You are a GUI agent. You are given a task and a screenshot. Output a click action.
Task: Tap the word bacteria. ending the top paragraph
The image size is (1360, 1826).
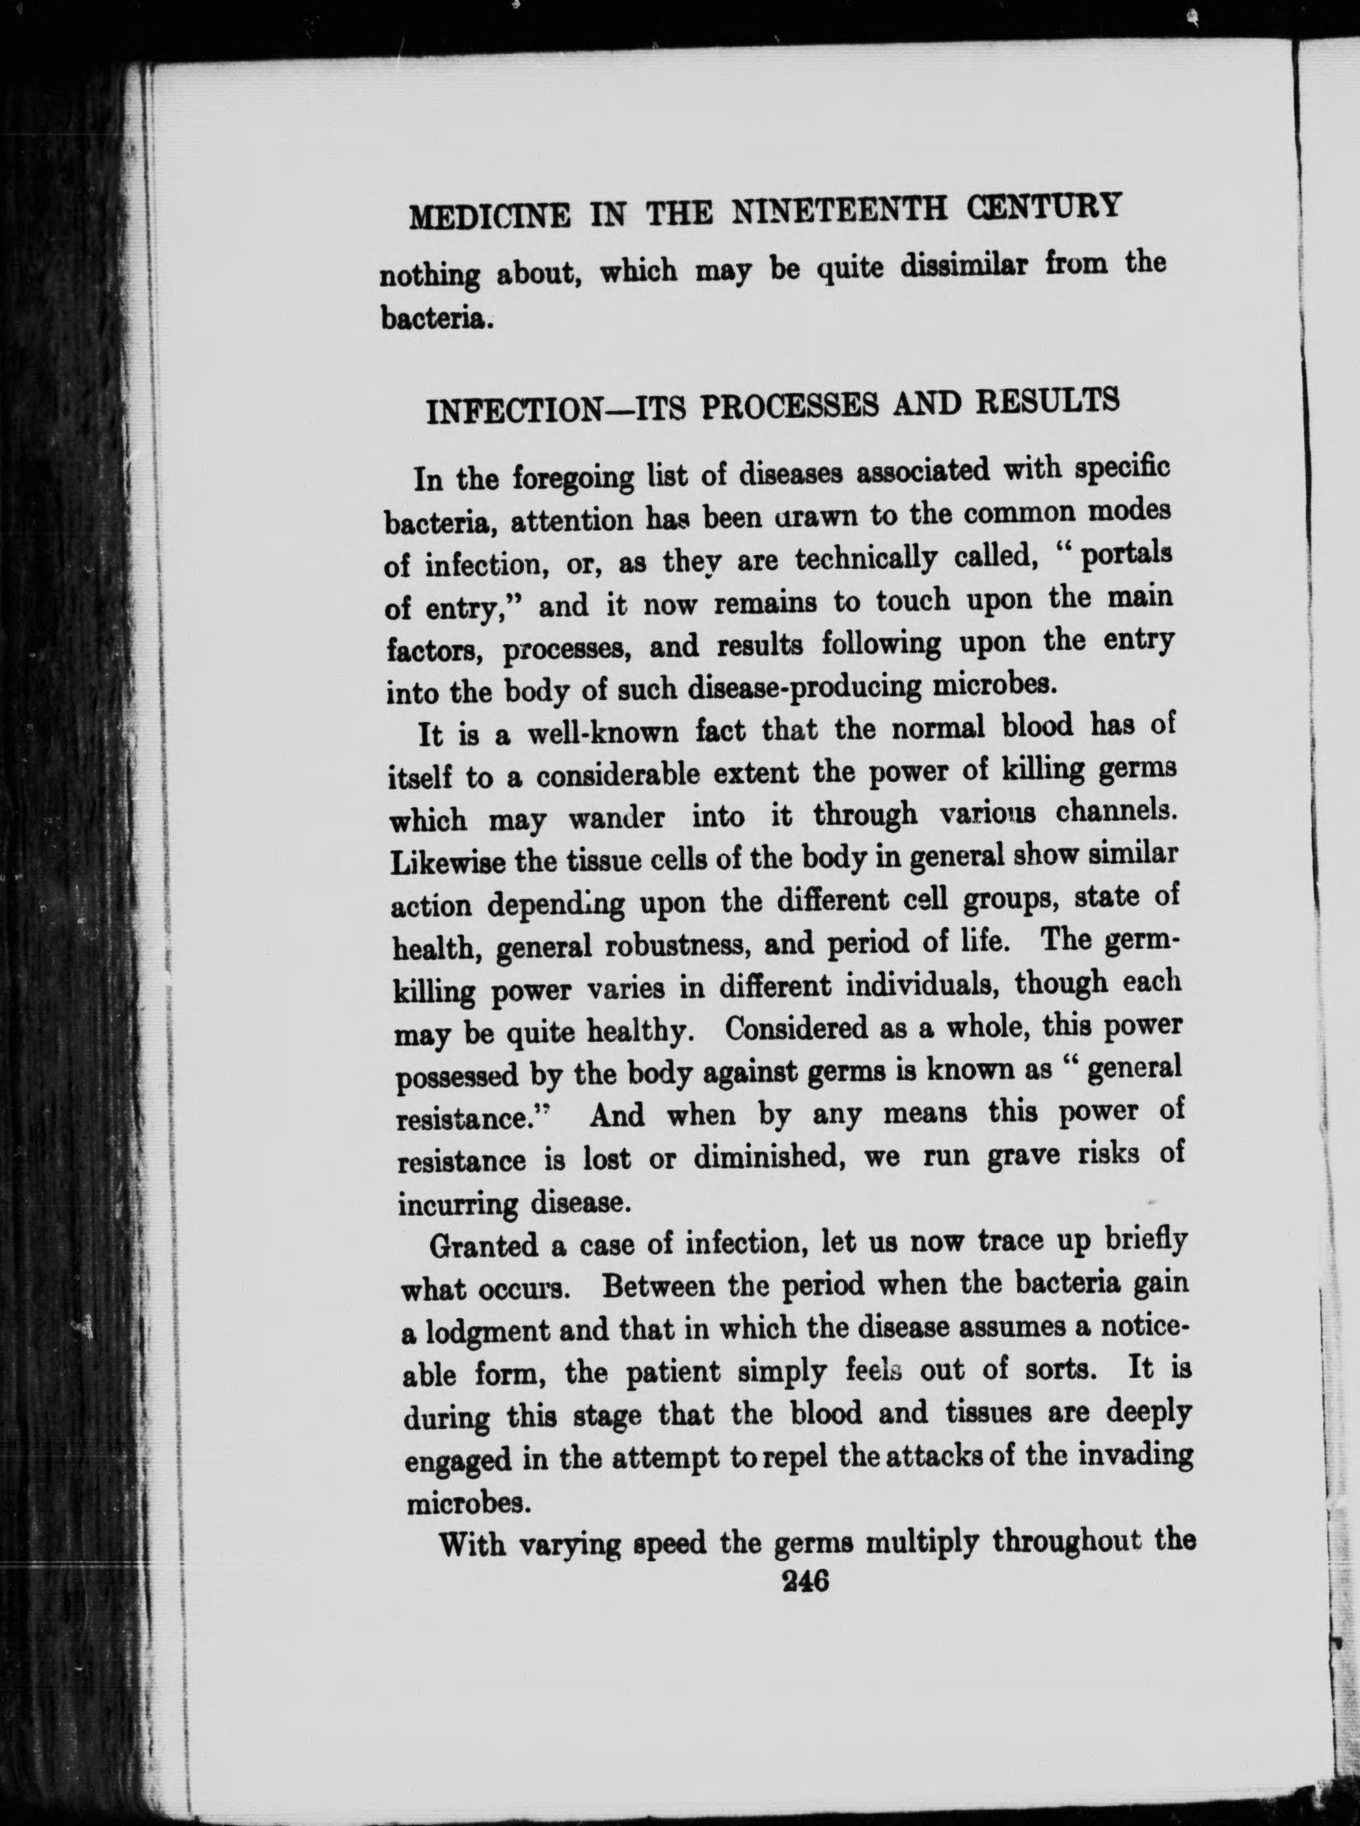(437, 319)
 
